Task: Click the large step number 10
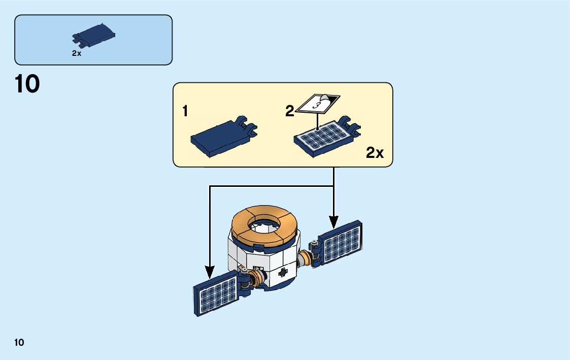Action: click(27, 84)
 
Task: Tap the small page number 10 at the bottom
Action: click(19, 342)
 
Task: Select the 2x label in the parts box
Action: click(77, 53)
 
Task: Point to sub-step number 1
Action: click(186, 111)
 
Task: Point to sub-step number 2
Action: click(289, 111)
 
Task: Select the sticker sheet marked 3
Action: click(318, 104)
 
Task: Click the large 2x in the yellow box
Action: click(375, 153)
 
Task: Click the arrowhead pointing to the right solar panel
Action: click(333, 222)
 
